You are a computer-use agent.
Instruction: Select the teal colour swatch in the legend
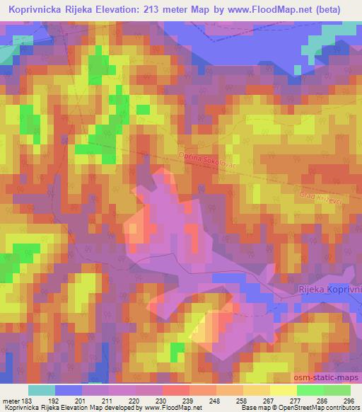pos(42,390)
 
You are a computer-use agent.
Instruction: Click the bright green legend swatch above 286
pos(310,390)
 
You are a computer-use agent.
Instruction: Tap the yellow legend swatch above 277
pos(283,390)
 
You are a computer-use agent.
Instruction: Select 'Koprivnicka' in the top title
pos(40,10)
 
